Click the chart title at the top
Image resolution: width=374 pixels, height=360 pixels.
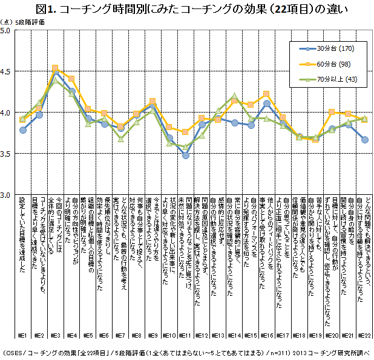[187, 8]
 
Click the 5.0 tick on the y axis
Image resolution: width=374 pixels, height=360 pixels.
[8, 30]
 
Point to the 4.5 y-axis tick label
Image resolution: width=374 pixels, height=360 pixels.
[8, 71]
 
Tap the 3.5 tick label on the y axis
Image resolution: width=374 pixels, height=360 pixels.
[8, 154]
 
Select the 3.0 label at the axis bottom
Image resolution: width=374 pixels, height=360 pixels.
[8, 195]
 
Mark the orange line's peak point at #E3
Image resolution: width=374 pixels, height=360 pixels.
[55, 68]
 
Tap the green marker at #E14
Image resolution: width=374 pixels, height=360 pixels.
[234, 96]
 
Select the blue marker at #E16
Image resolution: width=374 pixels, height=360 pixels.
[267, 103]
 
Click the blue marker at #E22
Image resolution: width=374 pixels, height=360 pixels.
[364, 139]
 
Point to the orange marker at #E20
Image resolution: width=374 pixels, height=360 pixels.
[332, 112]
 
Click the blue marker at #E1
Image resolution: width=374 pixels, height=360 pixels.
[22, 130]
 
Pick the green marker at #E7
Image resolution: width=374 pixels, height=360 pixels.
[120, 139]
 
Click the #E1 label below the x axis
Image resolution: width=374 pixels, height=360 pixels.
[22, 335]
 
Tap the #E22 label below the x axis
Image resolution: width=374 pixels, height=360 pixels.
[364, 335]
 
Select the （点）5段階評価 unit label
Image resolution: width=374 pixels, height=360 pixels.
[24, 22]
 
